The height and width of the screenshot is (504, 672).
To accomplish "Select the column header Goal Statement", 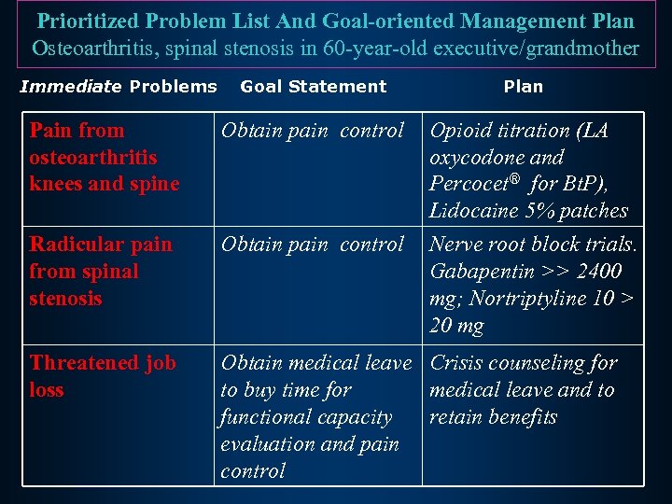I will coord(313,87).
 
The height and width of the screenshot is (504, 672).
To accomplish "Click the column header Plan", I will coord(523,87).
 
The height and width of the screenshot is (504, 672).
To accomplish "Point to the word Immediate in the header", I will coord(71,87).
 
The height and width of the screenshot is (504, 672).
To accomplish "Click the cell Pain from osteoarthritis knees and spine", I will coord(104,157).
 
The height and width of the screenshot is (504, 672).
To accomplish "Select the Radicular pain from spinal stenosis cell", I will coord(101,272).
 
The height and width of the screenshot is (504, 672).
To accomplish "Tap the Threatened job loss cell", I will coord(103,376).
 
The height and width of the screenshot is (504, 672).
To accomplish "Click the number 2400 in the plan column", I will coord(600,272).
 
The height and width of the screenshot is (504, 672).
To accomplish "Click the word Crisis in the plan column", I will coord(458,363).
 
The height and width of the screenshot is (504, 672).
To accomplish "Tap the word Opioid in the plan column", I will coord(460,130).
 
